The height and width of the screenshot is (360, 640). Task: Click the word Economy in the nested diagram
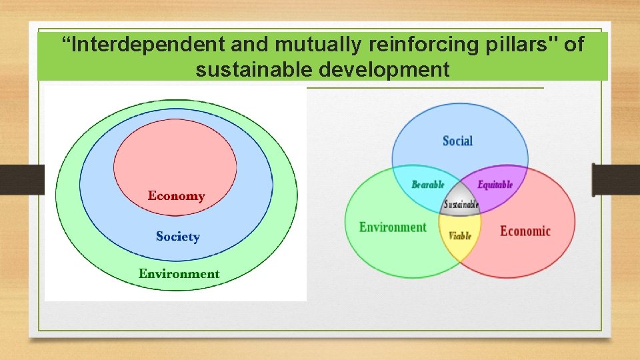coord(176,196)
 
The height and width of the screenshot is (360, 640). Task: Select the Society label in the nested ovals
coord(177,237)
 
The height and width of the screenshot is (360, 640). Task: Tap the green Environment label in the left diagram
coord(179,274)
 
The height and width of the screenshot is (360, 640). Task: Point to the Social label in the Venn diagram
coord(457,141)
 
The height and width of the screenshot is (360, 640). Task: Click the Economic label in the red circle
coord(525,231)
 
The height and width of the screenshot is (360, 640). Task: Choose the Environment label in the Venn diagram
coord(393,227)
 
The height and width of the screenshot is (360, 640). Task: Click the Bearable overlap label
coord(427,185)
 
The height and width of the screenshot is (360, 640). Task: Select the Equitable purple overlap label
coord(495,184)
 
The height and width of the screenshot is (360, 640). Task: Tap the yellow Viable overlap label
coord(460,235)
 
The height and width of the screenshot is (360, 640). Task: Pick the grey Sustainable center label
coord(461,205)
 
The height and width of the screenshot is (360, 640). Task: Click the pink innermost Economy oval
coord(175,160)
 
